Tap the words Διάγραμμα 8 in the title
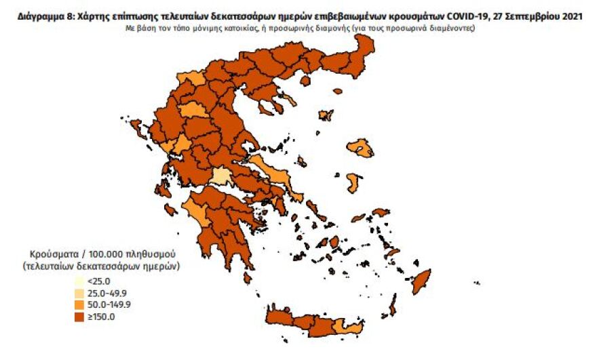coord(41,16)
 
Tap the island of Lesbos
coord(360,148)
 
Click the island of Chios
coord(353,182)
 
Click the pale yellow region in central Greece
coord(220,177)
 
